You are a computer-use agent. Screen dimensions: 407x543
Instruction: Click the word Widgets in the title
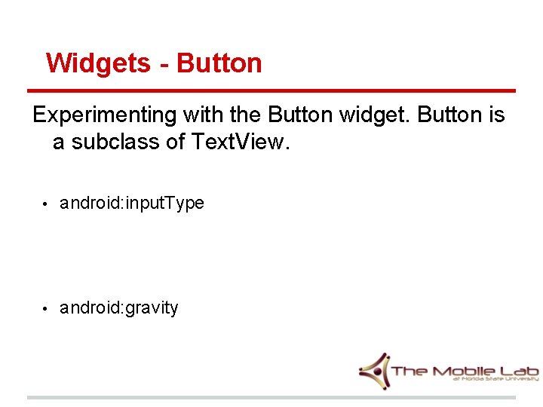pos(98,63)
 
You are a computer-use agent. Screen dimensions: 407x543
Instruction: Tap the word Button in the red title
pos(219,63)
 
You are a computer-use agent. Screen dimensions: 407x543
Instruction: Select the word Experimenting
pos(103,115)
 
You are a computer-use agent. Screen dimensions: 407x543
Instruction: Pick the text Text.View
pos(236,142)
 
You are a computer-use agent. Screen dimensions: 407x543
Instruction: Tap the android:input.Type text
pos(132,203)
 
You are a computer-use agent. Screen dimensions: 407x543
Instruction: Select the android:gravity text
pos(119,308)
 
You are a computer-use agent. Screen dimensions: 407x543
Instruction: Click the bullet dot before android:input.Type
pos(45,204)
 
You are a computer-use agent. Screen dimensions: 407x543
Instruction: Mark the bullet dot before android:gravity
pos(45,309)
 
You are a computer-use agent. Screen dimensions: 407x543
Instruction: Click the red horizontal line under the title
pos(271,91)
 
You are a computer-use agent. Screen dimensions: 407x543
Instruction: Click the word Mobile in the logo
pos(464,371)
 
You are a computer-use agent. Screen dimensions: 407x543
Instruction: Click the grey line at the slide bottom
pos(271,397)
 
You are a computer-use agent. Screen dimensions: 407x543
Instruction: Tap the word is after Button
pos(495,115)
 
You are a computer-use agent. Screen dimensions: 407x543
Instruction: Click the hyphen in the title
pos(164,64)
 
